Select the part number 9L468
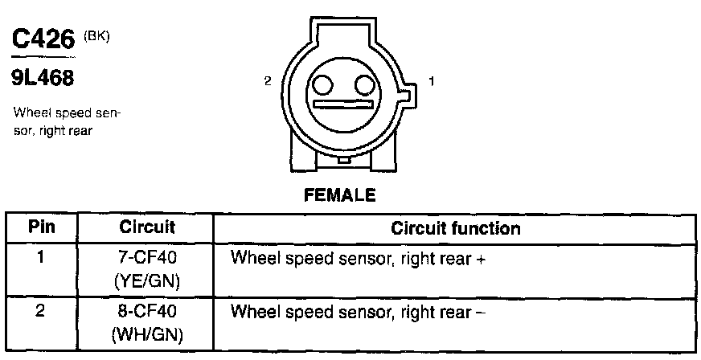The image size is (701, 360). click(x=42, y=79)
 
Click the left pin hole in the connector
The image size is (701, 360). click(x=323, y=85)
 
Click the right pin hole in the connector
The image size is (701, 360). click(x=365, y=85)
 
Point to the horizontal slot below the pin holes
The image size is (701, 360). click(x=344, y=105)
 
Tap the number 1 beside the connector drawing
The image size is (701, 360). click(x=432, y=81)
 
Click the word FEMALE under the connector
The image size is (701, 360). click(x=339, y=195)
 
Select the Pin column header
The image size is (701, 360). click(x=42, y=228)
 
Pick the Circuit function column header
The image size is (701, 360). click(x=455, y=228)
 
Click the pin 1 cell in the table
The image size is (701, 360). click(x=42, y=260)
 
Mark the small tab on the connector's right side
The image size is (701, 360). click(x=408, y=97)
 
